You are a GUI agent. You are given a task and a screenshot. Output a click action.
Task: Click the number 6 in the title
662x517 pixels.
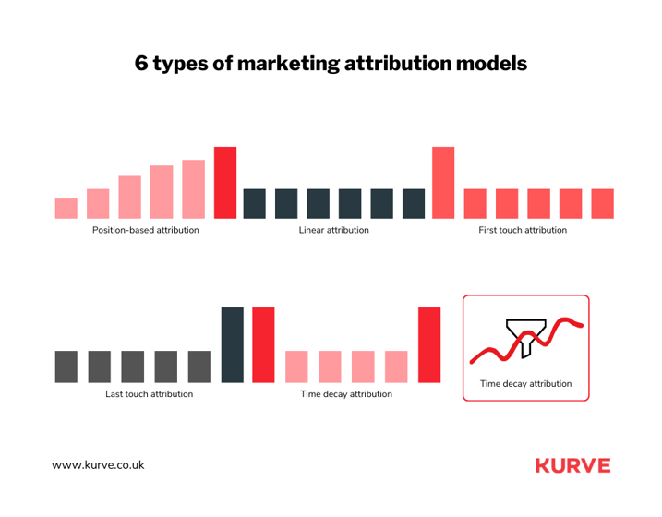coord(142,64)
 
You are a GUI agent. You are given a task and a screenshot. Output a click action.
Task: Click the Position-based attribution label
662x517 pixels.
coord(145,230)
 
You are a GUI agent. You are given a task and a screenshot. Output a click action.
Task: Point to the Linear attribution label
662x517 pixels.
coord(333,230)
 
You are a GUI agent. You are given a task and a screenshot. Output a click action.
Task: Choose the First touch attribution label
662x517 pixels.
coord(523,230)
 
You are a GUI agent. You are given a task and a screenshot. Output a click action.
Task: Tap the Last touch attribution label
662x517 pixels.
coord(149,394)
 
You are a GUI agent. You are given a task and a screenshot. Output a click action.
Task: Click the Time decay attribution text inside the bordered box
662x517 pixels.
coord(525,383)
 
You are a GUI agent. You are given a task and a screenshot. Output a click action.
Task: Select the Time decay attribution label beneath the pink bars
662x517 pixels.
coord(346,394)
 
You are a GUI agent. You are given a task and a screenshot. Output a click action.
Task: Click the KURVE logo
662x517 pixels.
coord(572,465)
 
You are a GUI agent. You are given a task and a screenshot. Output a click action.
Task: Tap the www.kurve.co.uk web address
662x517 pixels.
coord(98,466)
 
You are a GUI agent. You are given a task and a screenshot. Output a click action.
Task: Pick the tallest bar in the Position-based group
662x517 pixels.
coord(225,183)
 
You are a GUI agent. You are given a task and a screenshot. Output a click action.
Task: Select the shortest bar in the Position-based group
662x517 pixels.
coord(66,209)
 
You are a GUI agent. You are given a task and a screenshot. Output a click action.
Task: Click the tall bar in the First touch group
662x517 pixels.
coord(443,183)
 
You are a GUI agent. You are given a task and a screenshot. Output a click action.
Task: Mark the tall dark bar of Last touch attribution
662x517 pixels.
coord(233,344)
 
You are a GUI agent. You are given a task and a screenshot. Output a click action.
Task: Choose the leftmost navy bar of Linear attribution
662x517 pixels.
coord(255,204)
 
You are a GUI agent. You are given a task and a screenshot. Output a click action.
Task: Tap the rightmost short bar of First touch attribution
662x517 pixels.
coord(602,204)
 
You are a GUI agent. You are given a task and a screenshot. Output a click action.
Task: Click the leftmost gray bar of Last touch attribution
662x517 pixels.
coord(66,367)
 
